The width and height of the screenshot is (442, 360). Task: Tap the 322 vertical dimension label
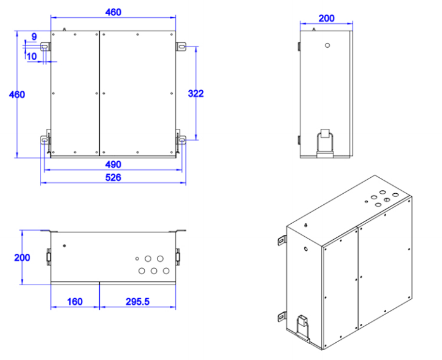196,94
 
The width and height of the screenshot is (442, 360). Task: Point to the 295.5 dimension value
139,302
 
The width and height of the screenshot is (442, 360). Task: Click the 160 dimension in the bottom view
74,302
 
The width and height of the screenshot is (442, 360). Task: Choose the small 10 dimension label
32,56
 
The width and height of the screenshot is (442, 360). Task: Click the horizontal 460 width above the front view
113,12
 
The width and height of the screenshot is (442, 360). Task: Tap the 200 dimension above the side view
326,18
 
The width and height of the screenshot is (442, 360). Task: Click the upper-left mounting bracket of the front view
45,47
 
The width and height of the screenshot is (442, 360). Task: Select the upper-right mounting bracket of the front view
181,47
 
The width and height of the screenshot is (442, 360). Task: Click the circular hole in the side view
327,45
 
